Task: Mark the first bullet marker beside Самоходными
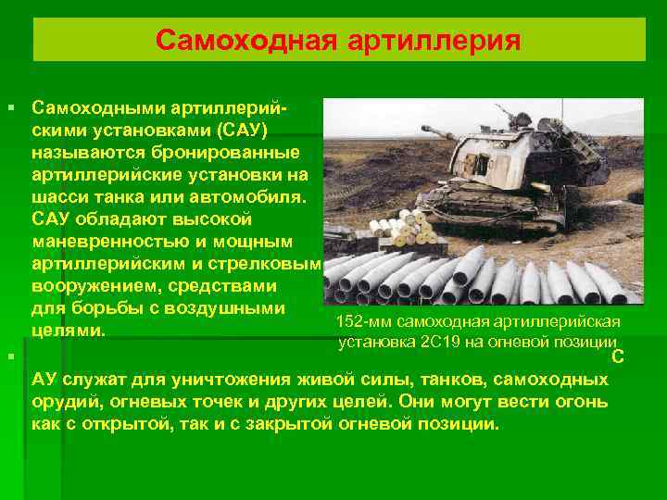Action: (x=11, y=107)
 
